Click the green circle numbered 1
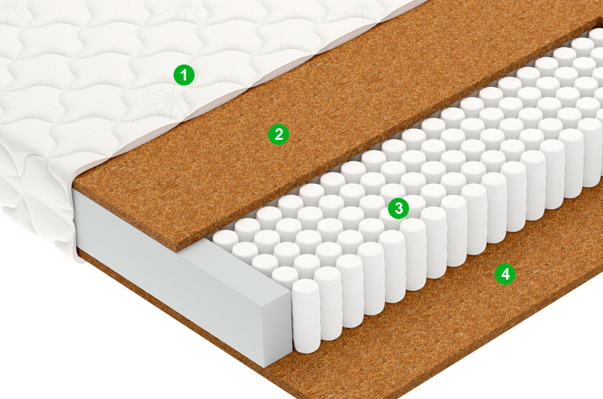coord(184,75)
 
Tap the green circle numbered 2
coord(278,134)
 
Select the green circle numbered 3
coord(398,208)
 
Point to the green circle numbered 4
coord(505,274)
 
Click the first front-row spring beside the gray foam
coord(306,315)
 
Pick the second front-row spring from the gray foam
coord(327,303)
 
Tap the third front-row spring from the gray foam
coord(349,291)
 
